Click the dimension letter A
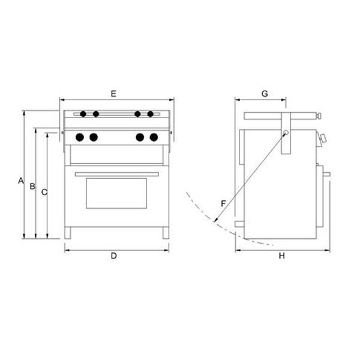20,180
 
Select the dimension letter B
32,186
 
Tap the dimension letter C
44,192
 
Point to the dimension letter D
113,256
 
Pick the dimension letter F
223,203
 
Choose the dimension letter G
265,94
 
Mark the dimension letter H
281,256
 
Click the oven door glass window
116,193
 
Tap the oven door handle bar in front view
116,175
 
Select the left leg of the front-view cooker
68,233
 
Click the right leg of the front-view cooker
165,233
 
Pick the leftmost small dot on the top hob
83,114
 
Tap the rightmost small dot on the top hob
151,114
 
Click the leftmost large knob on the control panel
80,137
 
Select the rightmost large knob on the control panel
154,137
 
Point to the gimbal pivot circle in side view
286,133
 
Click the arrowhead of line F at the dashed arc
214,223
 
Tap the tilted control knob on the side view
323,140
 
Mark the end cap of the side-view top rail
319,115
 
